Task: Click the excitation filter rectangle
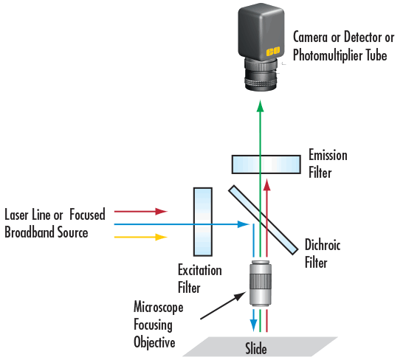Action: pyautogui.click(x=203, y=220)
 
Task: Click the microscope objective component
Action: pyautogui.click(x=260, y=283)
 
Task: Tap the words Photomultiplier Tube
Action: pyautogui.click(x=340, y=55)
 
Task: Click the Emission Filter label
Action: pyautogui.click(x=328, y=165)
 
